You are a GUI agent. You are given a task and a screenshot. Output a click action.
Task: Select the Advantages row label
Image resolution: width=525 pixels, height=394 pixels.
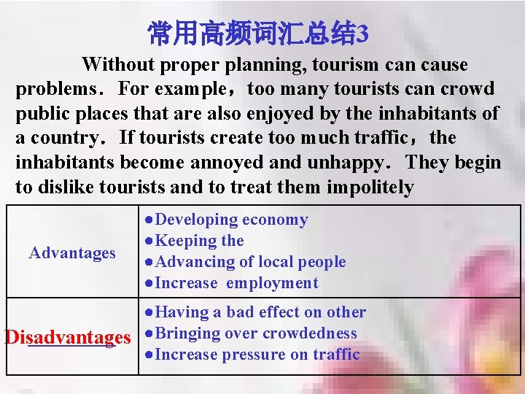point(72,253)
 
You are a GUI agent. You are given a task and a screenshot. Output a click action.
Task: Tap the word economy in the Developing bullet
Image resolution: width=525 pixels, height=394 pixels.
point(275,220)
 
